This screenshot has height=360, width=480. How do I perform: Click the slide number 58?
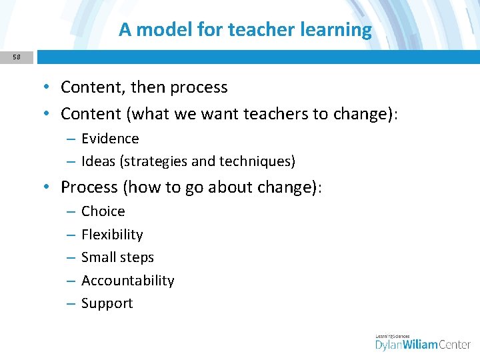(x=16, y=57)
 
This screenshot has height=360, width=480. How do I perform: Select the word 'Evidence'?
(x=110, y=139)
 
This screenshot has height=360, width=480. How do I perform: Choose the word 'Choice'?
(x=103, y=211)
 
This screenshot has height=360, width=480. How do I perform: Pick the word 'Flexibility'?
(x=112, y=235)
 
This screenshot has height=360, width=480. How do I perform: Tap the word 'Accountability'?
(x=127, y=281)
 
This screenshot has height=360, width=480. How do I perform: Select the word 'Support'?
(x=107, y=303)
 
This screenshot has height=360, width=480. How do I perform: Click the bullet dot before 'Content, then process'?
(x=50, y=88)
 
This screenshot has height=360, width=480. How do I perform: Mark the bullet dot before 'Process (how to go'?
(x=50, y=188)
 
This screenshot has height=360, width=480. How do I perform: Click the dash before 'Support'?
(x=71, y=304)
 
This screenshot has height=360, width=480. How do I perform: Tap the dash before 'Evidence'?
(x=71, y=139)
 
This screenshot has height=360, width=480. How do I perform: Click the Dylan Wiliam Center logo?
(x=423, y=341)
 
